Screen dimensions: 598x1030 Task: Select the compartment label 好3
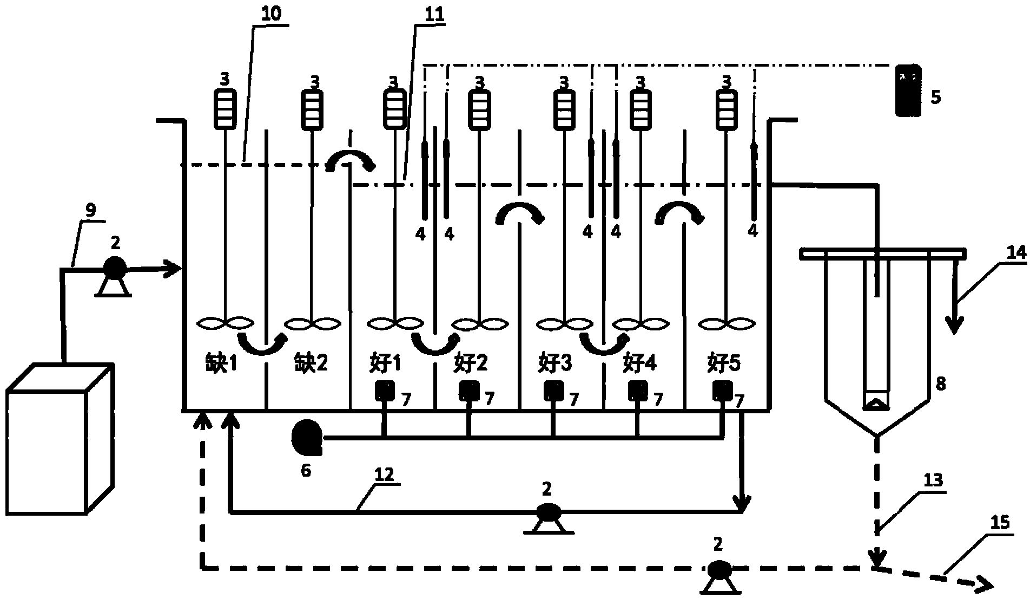554,362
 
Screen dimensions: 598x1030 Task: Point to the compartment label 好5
724,362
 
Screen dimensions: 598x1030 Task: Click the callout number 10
270,14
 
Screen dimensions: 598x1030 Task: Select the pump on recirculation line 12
547,512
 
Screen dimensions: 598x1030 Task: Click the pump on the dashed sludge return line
718,570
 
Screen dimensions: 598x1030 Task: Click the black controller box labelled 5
907,90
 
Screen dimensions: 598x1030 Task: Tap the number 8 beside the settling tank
941,383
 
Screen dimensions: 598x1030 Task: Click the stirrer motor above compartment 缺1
224,108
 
